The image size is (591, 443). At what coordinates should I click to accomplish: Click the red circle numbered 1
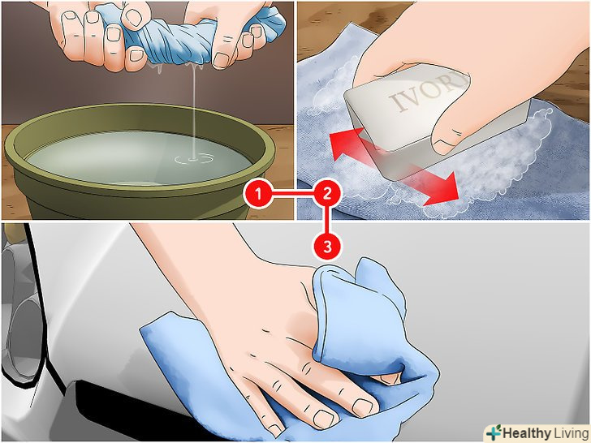coord(258,195)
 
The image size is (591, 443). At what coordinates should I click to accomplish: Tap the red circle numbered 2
coord(327,195)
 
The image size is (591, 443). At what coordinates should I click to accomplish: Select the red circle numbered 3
coord(327,247)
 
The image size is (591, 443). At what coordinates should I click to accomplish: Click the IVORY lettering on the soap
coord(427,92)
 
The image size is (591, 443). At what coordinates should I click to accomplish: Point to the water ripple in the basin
coord(194,159)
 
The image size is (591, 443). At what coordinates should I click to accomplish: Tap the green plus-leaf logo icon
coord(494,432)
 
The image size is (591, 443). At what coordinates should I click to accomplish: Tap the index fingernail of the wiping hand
coord(362,407)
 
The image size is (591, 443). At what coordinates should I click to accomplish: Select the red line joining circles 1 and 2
coord(293,195)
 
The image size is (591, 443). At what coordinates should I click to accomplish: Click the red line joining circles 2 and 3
coord(327,221)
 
